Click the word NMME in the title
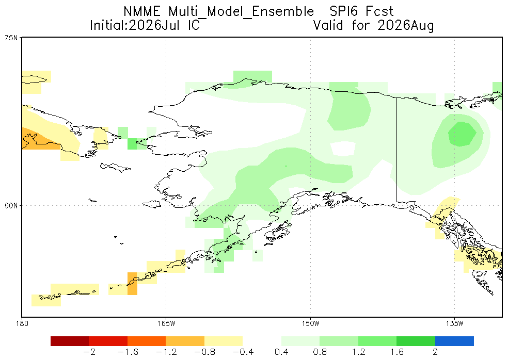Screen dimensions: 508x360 click(x=142, y=11)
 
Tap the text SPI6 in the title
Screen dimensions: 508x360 click(x=344, y=11)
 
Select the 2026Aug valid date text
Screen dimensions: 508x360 click(x=405, y=25)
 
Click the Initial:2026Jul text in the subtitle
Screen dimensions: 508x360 click(x=135, y=25)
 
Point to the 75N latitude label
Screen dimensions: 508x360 click(x=11, y=38)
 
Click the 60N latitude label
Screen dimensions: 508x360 click(x=11, y=206)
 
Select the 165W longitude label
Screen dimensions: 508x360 click(x=166, y=323)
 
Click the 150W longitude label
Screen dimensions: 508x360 click(x=310, y=323)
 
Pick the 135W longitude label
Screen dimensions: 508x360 click(x=454, y=323)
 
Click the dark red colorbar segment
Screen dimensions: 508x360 click(x=70, y=341)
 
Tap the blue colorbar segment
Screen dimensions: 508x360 click(x=454, y=341)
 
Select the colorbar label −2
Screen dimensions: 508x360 click(x=89, y=352)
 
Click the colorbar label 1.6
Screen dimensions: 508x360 click(x=396, y=352)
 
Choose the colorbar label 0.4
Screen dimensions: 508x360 click(x=281, y=352)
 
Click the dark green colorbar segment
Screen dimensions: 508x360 click(x=416, y=341)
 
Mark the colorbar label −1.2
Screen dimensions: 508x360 click(x=166, y=352)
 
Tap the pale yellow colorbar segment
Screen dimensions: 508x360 click(x=224, y=341)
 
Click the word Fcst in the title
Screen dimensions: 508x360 click(x=379, y=11)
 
